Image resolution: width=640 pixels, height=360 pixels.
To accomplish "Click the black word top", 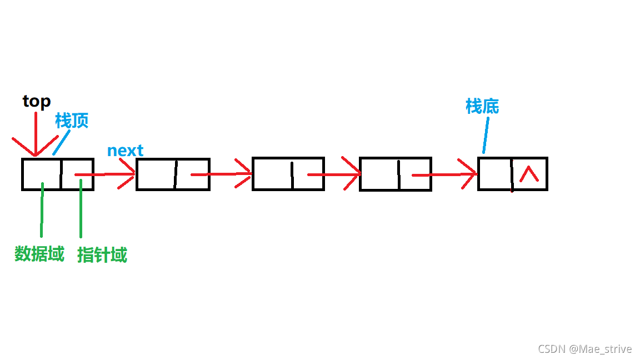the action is [x=37, y=102].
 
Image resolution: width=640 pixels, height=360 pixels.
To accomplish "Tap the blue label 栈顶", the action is [x=72, y=121].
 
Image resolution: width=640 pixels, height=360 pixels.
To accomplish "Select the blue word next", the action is [x=125, y=151].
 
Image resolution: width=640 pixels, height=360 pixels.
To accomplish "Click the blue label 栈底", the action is [x=482, y=106].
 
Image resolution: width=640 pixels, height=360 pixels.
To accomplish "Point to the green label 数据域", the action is [x=39, y=254].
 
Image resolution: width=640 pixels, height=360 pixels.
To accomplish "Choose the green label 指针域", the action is [x=102, y=255].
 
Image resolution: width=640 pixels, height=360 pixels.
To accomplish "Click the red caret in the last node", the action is [x=529, y=174].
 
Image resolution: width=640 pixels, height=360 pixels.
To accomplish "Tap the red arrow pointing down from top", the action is [x=36, y=133].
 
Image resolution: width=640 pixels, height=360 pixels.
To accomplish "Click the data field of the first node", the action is [x=41, y=174].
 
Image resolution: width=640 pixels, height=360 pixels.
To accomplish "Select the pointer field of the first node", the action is [x=77, y=174].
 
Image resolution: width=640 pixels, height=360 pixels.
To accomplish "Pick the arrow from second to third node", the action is [x=222, y=174].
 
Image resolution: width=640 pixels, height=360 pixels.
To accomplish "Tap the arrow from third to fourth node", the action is [x=333, y=175].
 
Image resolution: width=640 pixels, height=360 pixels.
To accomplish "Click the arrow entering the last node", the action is [x=444, y=175].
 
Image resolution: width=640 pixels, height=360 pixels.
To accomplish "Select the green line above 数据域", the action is [x=42, y=211].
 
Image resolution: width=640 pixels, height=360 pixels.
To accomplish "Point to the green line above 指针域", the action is [x=81, y=211].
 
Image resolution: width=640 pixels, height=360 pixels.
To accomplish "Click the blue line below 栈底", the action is [x=486, y=135].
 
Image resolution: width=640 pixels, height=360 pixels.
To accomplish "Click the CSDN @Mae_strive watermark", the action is [x=584, y=349].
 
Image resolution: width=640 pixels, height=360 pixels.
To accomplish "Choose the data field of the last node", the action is [x=494, y=174].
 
